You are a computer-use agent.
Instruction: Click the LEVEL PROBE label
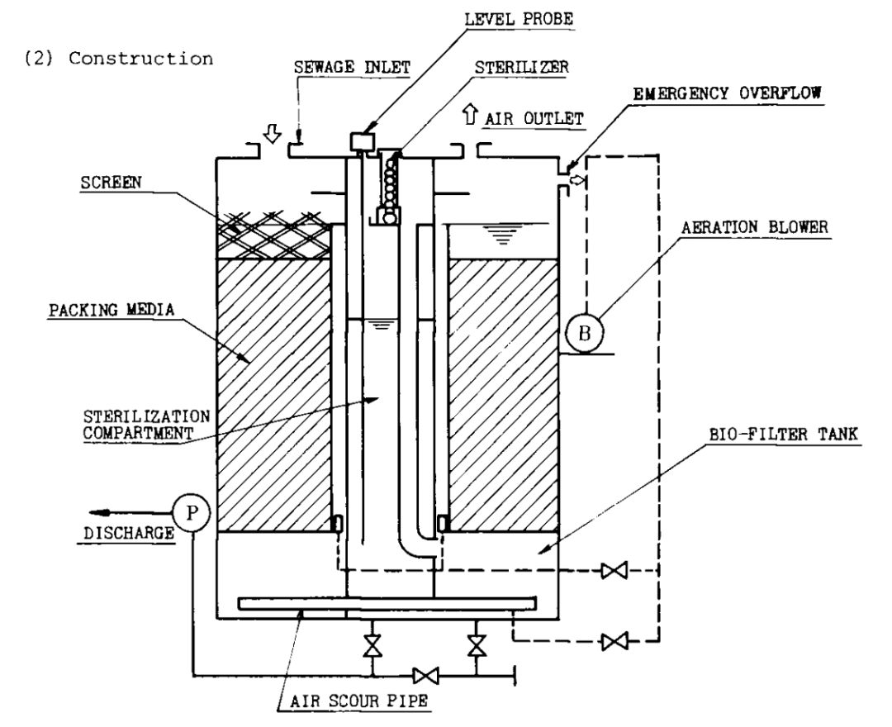coord(518,19)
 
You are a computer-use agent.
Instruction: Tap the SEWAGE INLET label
coord(352,67)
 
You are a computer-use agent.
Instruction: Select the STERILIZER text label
coord(522,67)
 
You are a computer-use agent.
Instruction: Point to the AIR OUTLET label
coord(534,119)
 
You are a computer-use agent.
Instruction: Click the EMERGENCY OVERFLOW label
coord(727,93)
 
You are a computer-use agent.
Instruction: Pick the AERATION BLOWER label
coord(755,227)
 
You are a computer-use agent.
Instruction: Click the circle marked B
coord(584,334)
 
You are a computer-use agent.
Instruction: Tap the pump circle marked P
coord(192,514)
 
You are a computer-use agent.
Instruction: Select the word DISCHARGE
coord(129,533)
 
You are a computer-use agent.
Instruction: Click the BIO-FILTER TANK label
coord(783,435)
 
